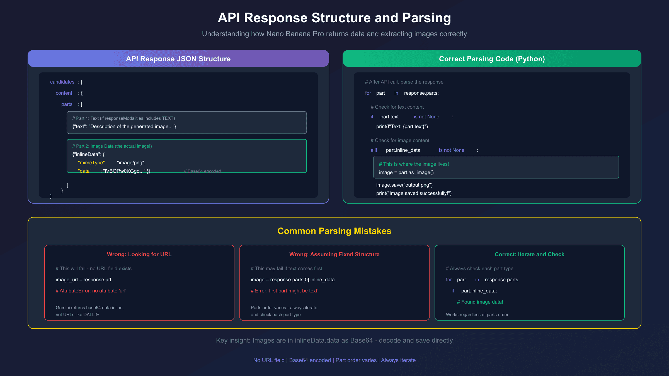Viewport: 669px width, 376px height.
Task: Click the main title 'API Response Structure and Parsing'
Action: click(x=334, y=18)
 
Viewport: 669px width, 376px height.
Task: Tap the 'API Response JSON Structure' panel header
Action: click(x=178, y=59)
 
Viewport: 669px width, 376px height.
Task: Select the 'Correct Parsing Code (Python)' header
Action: click(x=492, y=59)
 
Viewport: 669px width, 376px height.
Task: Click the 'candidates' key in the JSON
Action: click(x=62, y=82)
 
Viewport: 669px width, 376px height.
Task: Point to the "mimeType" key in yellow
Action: click(x=91, y=163)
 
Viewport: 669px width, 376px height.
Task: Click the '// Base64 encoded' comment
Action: click(x=203, y=171)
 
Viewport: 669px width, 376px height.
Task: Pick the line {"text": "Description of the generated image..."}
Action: click(x=124, y=126)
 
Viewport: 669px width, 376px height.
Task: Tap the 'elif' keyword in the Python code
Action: click(x=374, y=150)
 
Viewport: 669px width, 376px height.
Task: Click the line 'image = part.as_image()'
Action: click(x=406, y=172)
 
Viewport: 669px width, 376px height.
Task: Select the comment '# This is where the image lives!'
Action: click(x=414, y=164)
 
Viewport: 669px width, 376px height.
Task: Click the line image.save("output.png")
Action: click(x=404, y=185)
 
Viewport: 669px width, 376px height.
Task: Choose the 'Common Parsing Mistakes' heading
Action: click(x=334, y=231)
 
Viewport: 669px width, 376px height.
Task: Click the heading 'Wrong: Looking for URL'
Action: click(x=139, y=254)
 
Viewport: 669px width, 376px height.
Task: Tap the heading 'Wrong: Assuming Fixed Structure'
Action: click(x=334, y=254)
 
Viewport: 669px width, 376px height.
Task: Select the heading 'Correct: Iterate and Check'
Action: click(x=529, y=254)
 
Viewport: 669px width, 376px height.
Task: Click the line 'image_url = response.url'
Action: click(x=83, y=280)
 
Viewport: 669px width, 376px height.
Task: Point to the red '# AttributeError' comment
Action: click(x=91, y=291)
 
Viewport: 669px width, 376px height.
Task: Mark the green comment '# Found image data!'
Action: click(x=480, y=302)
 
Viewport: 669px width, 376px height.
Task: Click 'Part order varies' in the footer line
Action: click(x=356, y=360)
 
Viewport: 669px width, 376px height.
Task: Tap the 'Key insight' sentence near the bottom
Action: click(x=334, y=340)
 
